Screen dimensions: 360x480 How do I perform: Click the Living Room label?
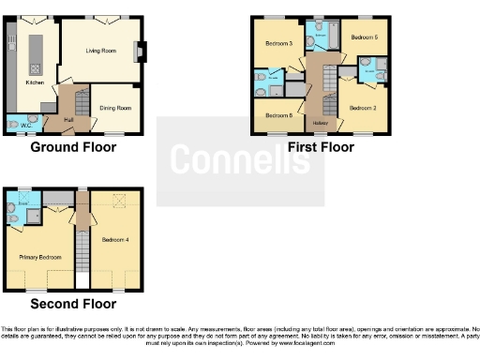[101, 52]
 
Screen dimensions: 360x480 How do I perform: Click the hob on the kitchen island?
[35, 67]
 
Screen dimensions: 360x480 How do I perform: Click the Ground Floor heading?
[73, 147]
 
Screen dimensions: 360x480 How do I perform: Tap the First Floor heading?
[320, 147]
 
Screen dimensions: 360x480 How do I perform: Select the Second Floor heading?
[73, 304]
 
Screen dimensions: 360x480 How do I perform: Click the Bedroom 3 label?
[278, 44]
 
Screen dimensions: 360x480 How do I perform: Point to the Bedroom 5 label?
[365, 37]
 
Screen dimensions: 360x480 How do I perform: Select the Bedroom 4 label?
[115, 240]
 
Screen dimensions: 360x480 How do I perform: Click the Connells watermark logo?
[240, 159]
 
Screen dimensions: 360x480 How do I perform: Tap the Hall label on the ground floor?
[69, 120]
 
